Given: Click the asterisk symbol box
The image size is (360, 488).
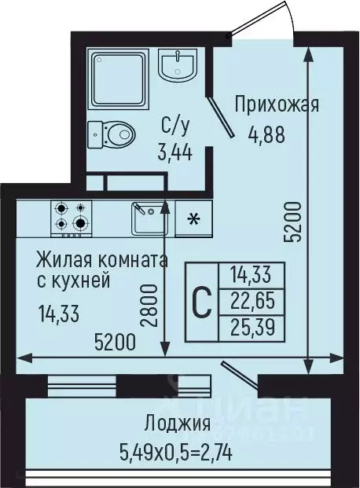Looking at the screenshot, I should pyautogui.click(x=192, y=218).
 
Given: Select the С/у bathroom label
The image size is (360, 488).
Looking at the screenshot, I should pyautogui.click(x=174, y=125).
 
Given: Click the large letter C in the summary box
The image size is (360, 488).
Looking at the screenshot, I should pyautogui.click(x=202, y=303).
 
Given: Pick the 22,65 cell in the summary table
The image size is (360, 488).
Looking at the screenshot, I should pyautogui.click(x=248, y=301).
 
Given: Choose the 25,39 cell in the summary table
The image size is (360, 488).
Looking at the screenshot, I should pyautogui.click(x=248, y=326).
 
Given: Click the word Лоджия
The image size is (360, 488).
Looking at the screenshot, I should pyautogui.click(x=177, y=425).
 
